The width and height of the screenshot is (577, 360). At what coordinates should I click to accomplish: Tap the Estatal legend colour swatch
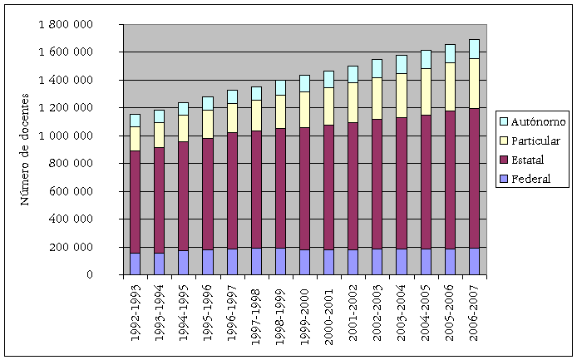point(502,160)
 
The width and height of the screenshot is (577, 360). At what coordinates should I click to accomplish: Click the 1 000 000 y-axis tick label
point(66,136)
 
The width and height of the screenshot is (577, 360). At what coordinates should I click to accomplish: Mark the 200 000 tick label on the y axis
point(72,248)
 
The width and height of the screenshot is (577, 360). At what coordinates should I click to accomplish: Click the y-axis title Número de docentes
point(25,150)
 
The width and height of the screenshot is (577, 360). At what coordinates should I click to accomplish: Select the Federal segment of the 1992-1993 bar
point(135,264)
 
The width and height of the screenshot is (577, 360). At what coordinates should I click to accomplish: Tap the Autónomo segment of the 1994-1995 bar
point(183,109)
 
